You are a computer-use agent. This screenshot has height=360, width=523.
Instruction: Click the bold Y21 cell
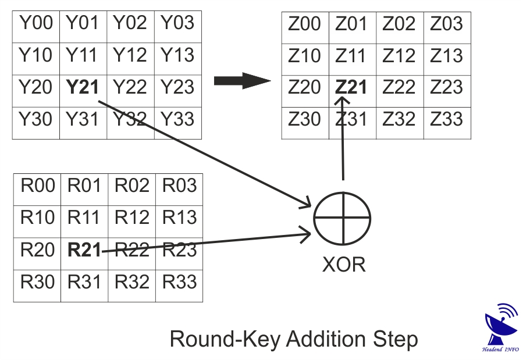pyautogui.click(x=83, y=87)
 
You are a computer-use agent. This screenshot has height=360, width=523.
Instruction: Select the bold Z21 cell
pyautogui.click(x=351, y=87)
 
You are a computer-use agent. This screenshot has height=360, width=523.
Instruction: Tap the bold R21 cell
pyautogui.click(x=84, y=250)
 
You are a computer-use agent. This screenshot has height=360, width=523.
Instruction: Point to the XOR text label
pyautogui.click(x=344, y=265)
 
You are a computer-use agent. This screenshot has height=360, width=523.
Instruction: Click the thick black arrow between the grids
pyautogui.click(x=242, y=81)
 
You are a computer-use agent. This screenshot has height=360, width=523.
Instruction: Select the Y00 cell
pyautogui.click(x=36, y=24)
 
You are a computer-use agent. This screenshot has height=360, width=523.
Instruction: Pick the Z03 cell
pyautogui.click(x=447, y=24)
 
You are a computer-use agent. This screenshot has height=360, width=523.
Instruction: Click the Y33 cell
pyautogui.click(x=177, y=119)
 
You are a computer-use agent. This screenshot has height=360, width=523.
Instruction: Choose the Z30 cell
pyautogui.click(x=304, y=119)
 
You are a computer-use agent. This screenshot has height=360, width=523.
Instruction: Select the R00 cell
pyautogui.click(x=38, y=186)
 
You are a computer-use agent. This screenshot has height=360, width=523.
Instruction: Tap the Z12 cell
pyautogui.click(x=399, y=56)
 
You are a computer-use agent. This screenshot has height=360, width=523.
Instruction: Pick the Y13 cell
pyautogui.click(x=177, y=56)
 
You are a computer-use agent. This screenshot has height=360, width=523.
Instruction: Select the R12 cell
pyautogui.click(x=131, y=218)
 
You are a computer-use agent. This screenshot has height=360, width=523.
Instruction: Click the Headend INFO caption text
pyautogui.click(x=501, y=350)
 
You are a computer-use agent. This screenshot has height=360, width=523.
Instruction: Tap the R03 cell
pyautogui.click(x=179, y=186)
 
